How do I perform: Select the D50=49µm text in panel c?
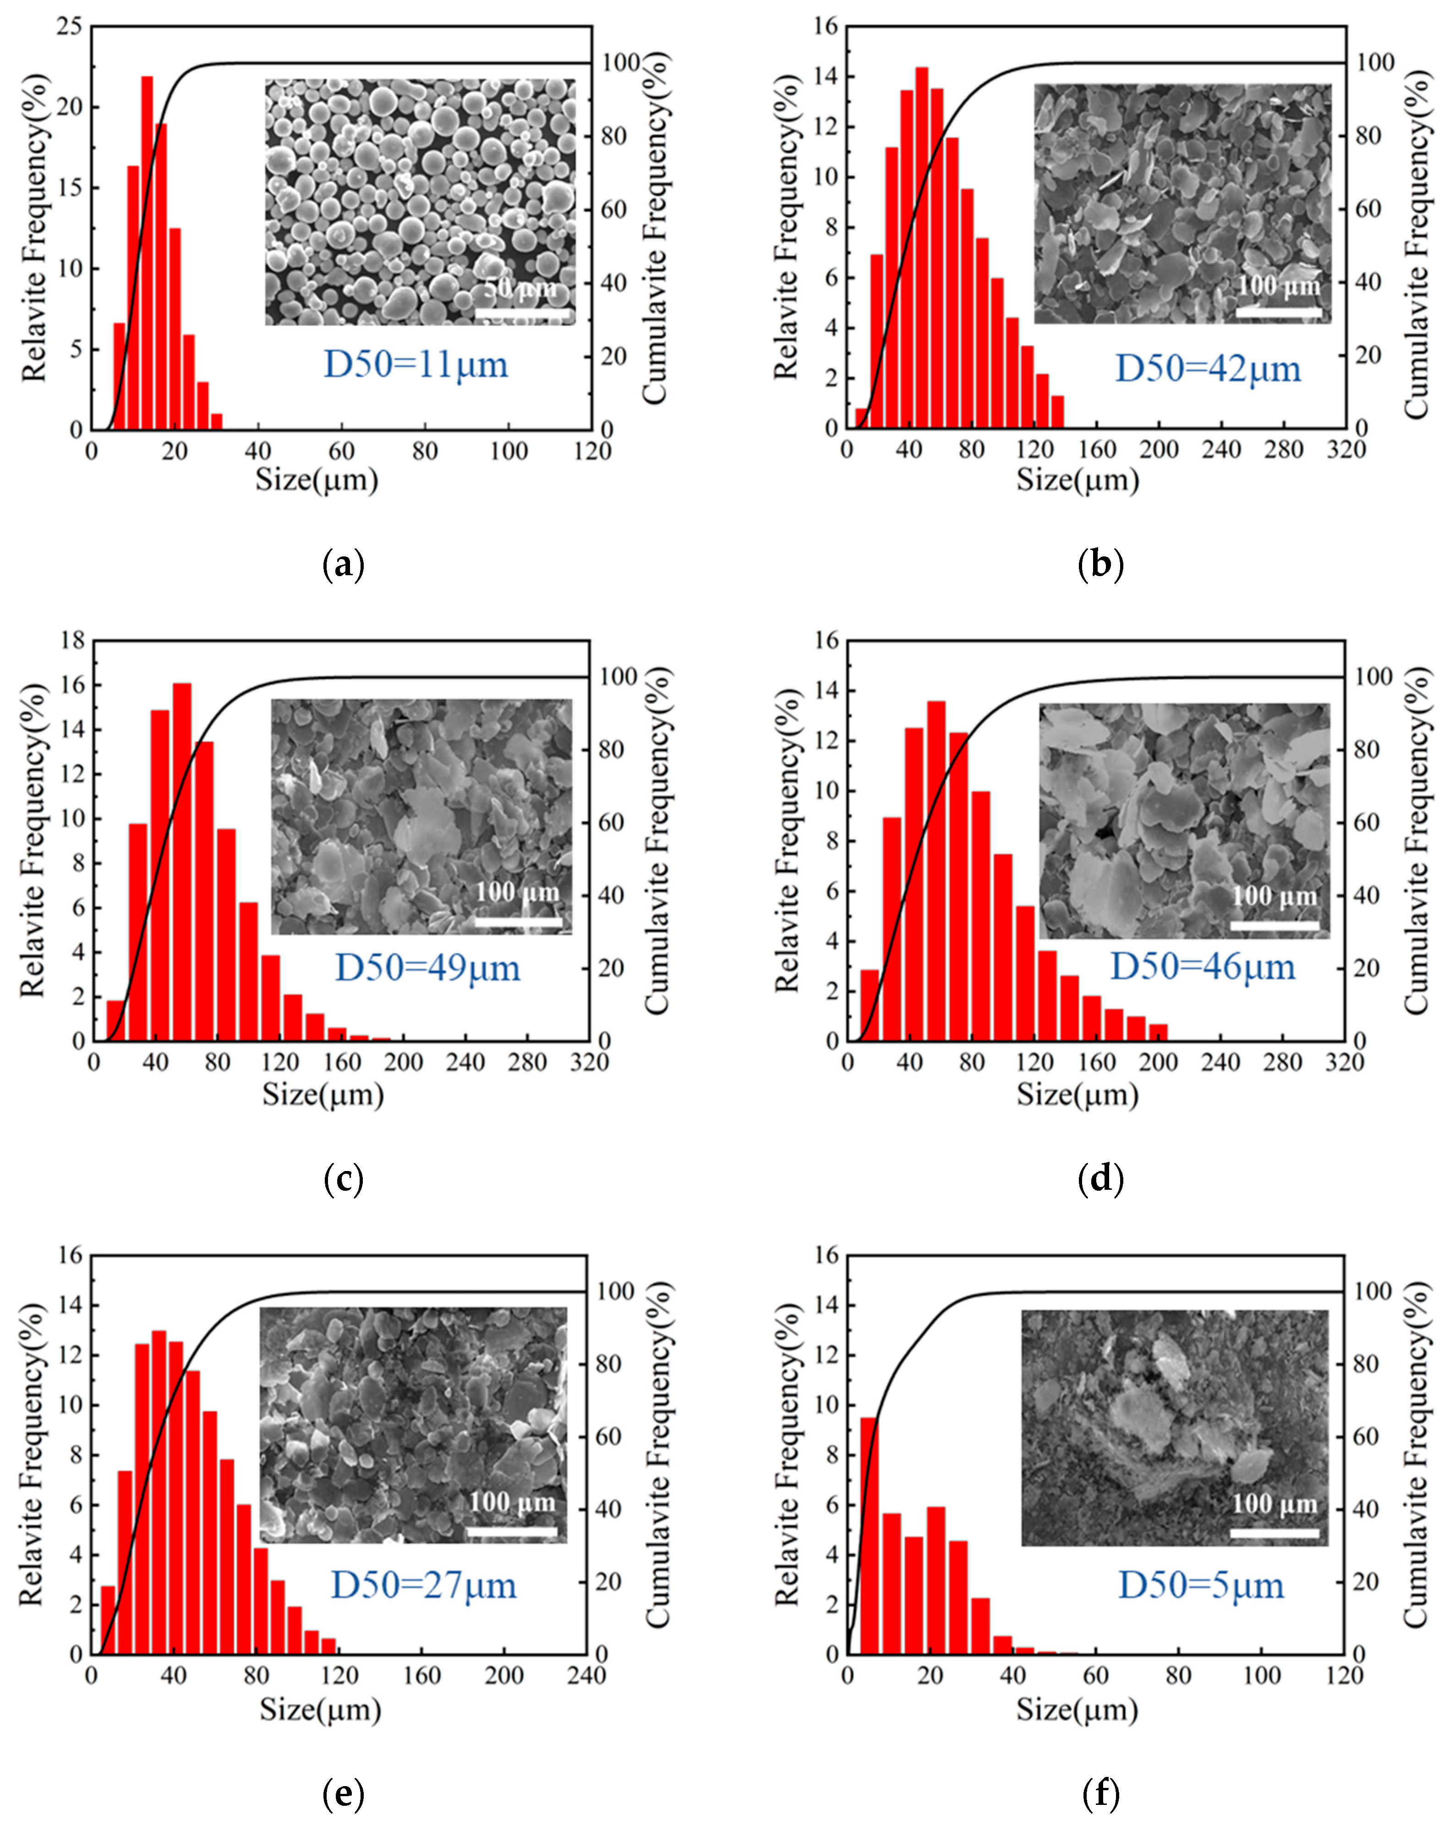[x=427, y=968]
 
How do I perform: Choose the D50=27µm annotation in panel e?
[x=423, y=1585]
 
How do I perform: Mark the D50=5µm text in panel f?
[x=1200, y=1585]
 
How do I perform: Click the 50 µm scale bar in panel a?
[x=522, y=315]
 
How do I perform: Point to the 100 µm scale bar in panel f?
[x=1273, y=1533]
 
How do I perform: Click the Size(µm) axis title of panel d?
[x=1077, y=1094]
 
